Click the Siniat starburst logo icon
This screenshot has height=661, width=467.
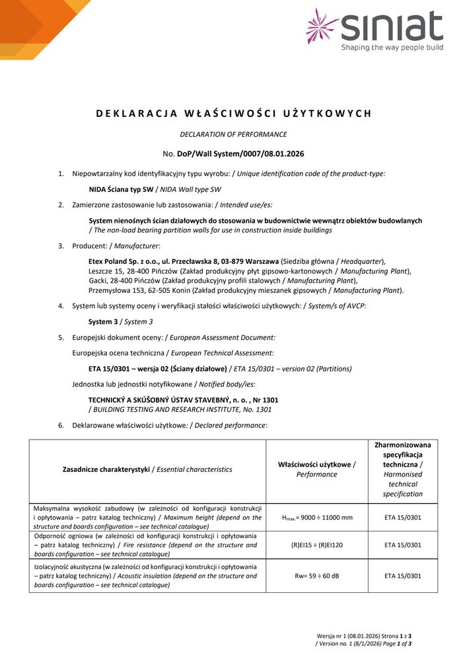(322, 26)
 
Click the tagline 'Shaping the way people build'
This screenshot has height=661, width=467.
(392, 48)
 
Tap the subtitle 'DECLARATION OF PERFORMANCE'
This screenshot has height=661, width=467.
(233, 134)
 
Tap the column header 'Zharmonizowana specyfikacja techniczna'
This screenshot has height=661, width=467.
(402, 455)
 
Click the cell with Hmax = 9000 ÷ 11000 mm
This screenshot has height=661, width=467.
(316, 517)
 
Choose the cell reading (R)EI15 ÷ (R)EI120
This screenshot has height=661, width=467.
(316, 545)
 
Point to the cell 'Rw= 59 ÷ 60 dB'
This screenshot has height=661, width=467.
(316, 576)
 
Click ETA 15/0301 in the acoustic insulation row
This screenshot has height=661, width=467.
(402, 576)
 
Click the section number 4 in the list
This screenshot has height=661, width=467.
(61, 306)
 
